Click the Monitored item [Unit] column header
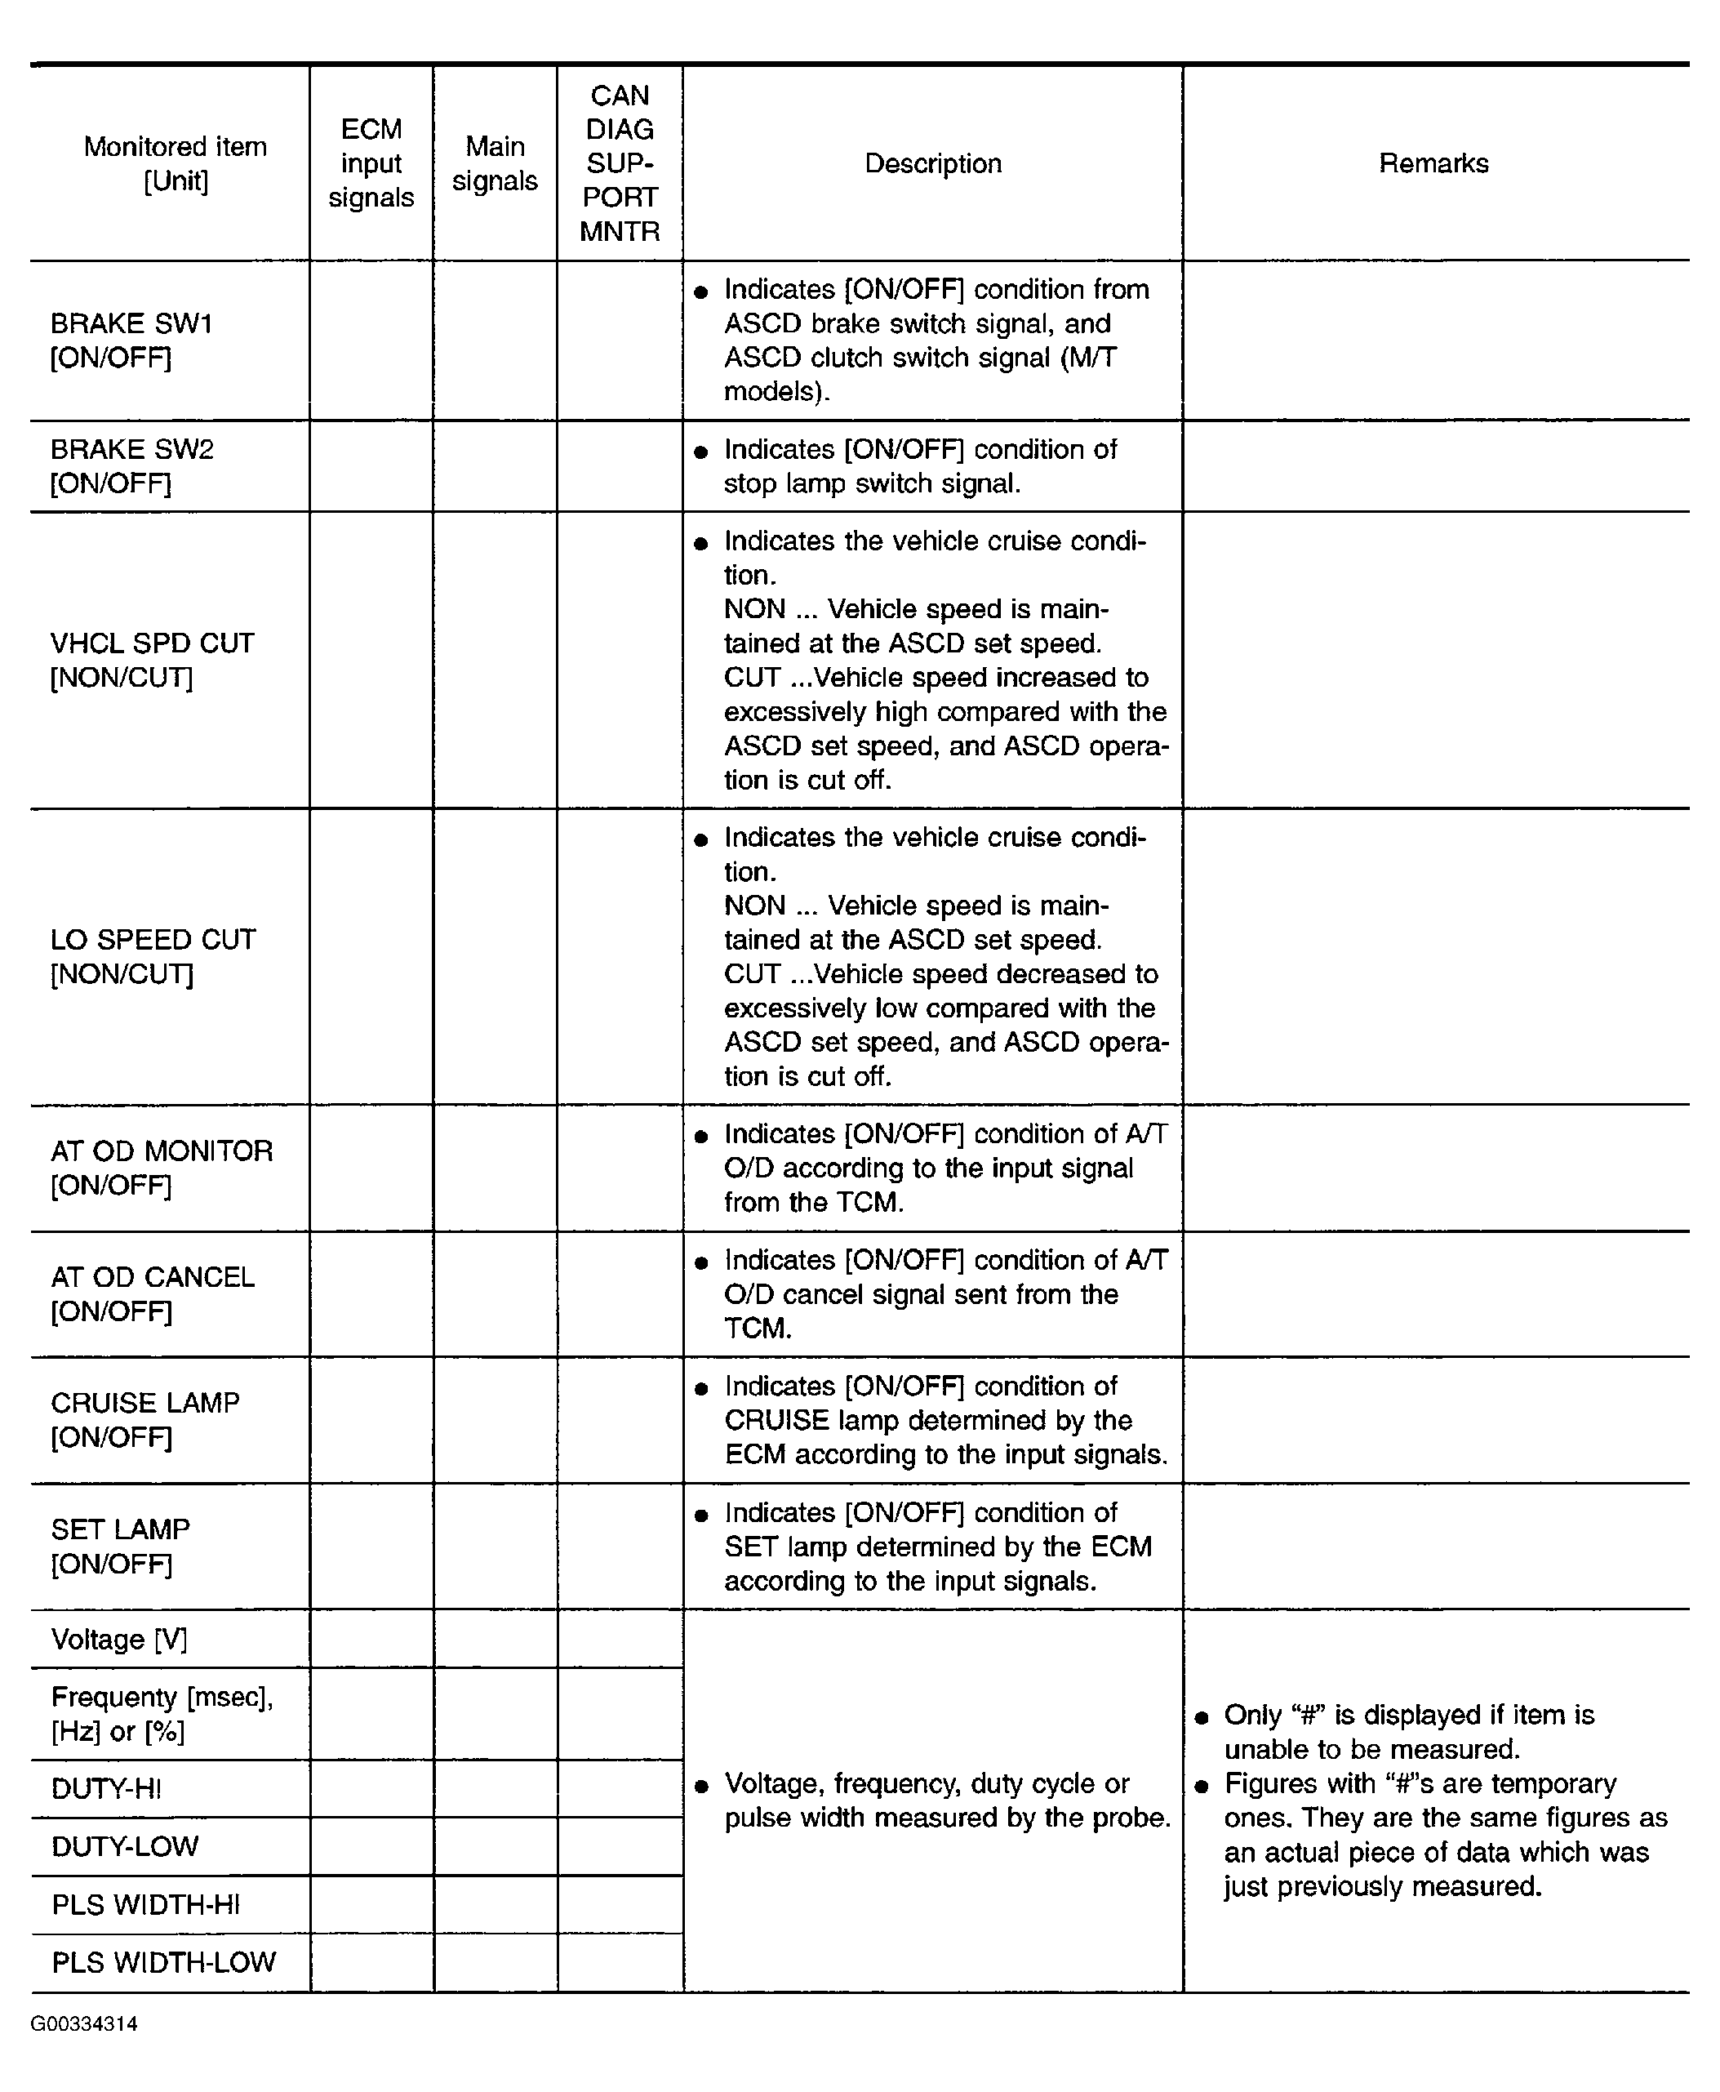[175, 163]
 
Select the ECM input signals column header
[371, 163]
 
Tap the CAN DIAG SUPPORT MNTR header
[620, 163]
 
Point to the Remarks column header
[1433, 163]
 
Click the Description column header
[932, 163]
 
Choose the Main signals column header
[495, 163]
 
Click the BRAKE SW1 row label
[131, 340]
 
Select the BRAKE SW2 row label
[131, 465]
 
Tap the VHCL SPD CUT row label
[152, 660]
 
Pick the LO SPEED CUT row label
[153, 956]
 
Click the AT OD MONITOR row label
[161, 1168]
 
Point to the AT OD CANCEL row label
[152, 1293]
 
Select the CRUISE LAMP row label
[144, 1419]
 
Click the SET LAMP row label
[120, 1545]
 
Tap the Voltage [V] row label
[119, 1639]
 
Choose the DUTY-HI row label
[106, 1789]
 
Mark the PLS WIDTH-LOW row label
[163, 1962]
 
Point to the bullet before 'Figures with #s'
[1202, 1786]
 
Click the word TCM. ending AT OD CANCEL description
[758, 1328]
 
